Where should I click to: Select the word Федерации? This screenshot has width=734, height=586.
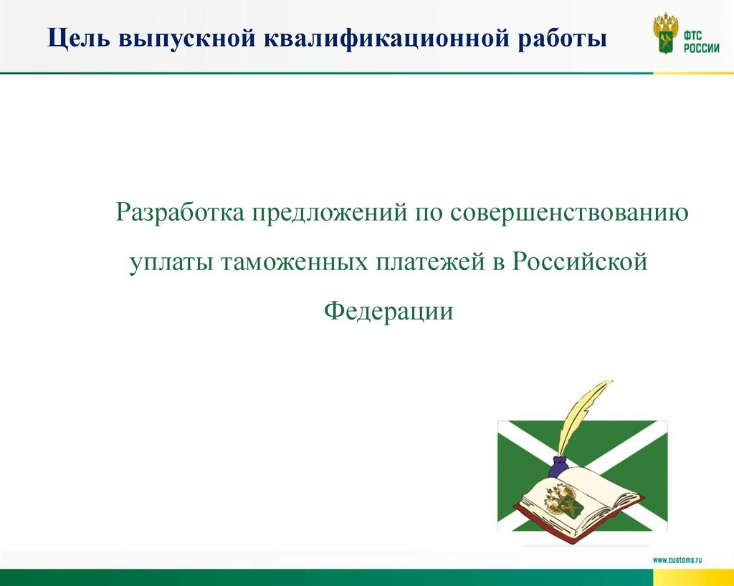point(389,311)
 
